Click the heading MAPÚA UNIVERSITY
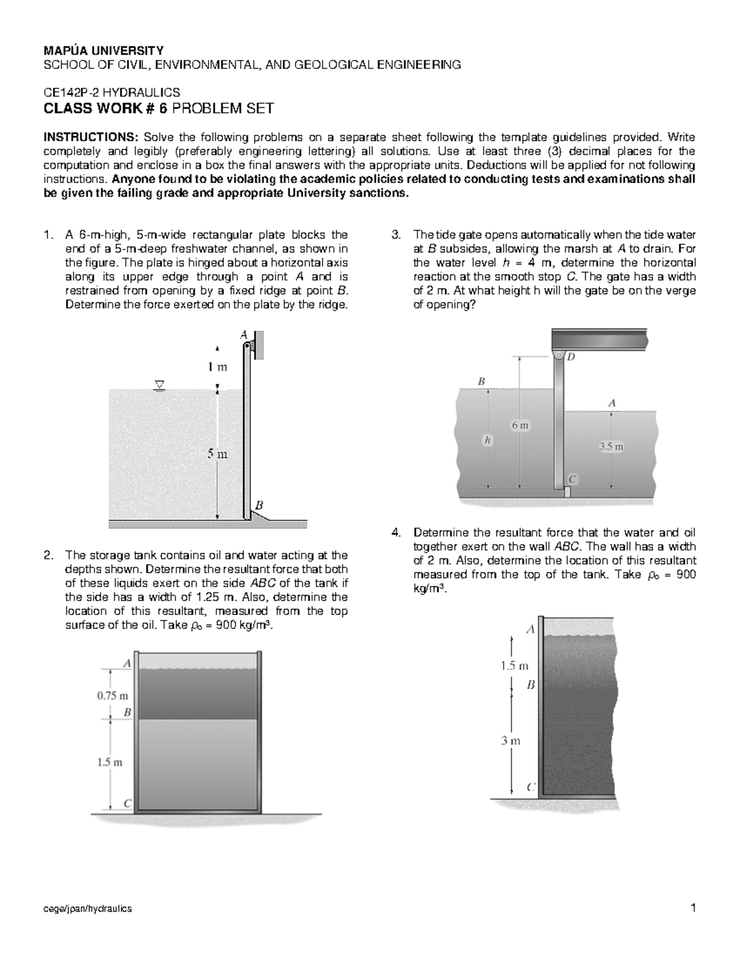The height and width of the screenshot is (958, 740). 103,51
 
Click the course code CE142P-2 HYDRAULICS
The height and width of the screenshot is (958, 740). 111,93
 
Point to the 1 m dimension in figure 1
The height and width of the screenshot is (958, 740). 217,368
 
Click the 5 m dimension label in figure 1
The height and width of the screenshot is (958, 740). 217,454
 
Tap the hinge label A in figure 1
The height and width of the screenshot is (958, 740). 244,335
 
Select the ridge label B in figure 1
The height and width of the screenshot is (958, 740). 260,505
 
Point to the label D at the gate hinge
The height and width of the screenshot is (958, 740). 571,357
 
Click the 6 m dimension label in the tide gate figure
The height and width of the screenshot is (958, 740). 519,426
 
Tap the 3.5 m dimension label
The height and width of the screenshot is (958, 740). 612,447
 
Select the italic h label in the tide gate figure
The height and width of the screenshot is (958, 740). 487,440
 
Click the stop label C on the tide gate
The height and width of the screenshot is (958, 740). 572,479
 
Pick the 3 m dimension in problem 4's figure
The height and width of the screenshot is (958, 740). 511,741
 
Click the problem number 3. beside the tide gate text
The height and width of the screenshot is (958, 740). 397,235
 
